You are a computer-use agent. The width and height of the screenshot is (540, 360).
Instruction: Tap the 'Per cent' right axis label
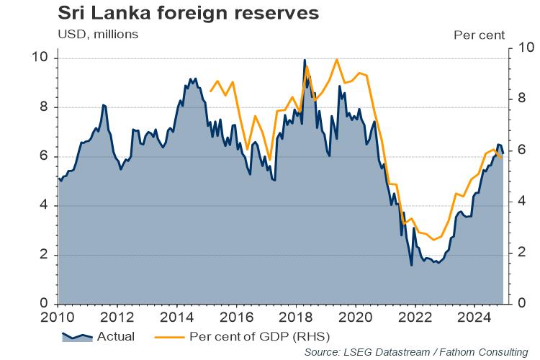click(479, 35)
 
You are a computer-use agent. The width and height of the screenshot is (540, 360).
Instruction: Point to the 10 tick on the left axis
click(40, 58)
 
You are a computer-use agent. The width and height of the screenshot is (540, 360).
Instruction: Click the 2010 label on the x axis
click(58, 317)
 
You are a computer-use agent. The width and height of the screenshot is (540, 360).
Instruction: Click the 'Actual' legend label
click(115, 336)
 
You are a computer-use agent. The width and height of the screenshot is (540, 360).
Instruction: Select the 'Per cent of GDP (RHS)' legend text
click(259, 336)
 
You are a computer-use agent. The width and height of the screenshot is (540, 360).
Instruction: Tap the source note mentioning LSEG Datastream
click(415, 351)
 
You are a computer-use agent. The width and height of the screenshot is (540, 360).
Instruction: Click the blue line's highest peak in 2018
click(305, 60)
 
